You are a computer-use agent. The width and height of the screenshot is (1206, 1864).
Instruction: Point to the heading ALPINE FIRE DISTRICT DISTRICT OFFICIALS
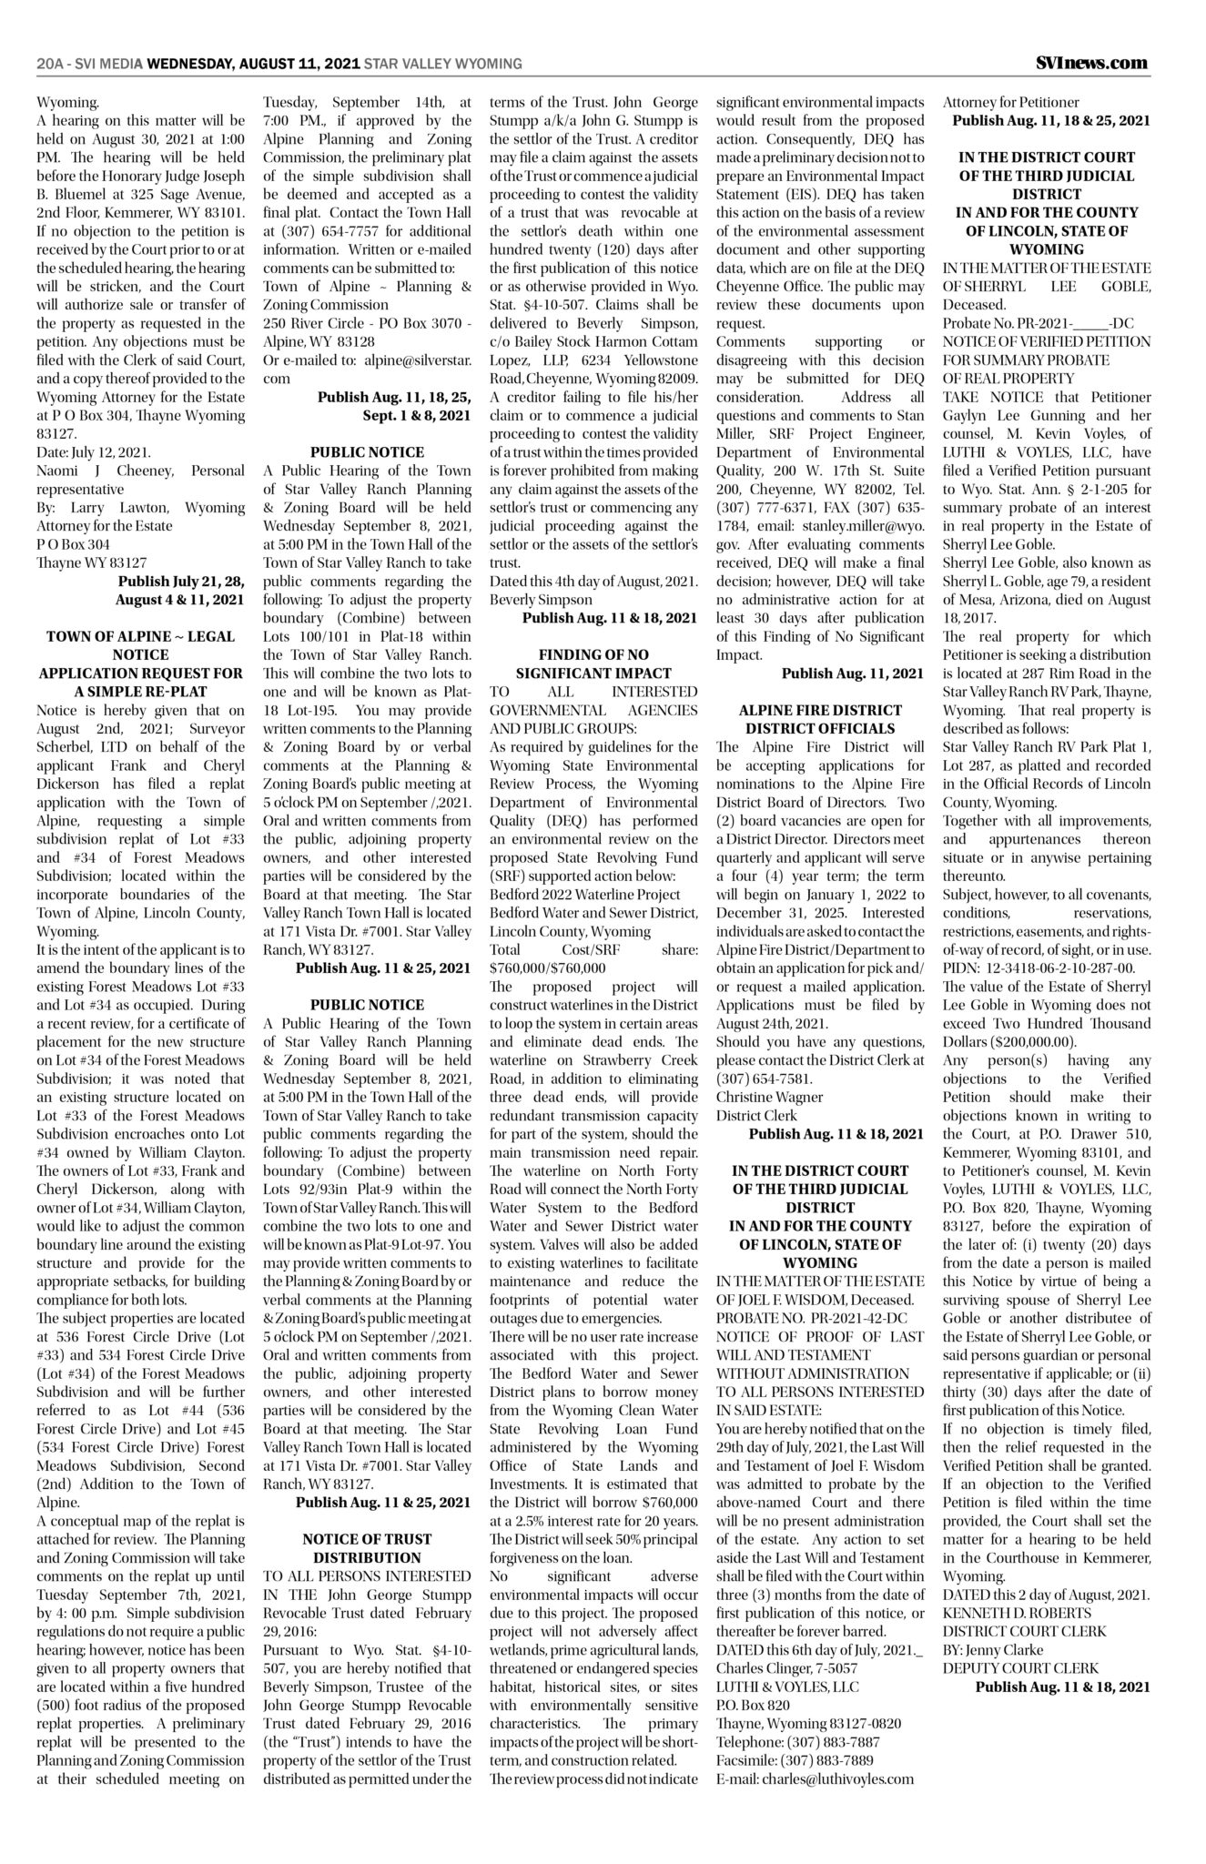click(820, 719)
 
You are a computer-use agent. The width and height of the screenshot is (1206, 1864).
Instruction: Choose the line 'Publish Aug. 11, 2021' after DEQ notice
click(852, 674)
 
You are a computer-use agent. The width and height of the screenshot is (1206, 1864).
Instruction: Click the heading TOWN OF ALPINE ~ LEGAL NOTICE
click(140, 645)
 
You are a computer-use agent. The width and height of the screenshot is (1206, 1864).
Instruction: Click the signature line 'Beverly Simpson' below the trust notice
click(541, 600)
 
